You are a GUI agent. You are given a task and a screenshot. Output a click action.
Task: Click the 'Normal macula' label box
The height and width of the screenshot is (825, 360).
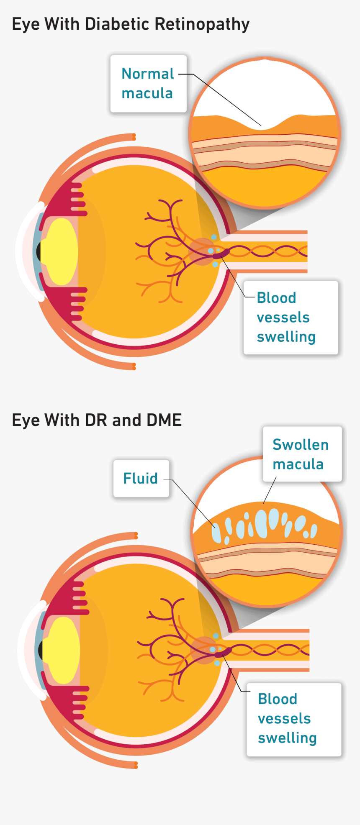click(148, 84)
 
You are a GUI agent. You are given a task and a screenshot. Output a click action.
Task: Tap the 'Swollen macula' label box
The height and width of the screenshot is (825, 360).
click(302, 454)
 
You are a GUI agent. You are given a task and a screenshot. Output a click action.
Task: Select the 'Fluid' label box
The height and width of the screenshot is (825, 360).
click(141, 479)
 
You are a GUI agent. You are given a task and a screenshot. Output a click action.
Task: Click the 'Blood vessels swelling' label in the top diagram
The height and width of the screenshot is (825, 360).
click(291, 318)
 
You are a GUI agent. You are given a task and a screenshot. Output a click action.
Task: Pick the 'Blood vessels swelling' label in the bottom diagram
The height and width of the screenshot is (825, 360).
click(293, 719)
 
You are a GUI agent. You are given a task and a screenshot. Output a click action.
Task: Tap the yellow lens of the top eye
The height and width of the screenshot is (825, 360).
click(62, 251)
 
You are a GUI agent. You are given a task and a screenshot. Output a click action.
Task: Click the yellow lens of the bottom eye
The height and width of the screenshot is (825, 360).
click(63, 650)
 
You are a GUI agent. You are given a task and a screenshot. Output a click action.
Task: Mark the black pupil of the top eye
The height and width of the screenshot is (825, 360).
click(39, 251)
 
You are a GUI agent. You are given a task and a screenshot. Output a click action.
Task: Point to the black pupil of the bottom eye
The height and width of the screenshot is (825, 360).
click(41, 650)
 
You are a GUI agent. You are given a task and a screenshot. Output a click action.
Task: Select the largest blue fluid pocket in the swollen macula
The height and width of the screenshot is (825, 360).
click(261, 523)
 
